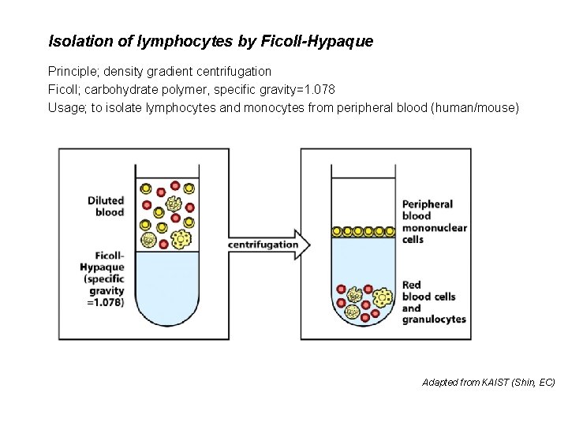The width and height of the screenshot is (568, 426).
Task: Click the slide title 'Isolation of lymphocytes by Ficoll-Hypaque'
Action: (211, 40)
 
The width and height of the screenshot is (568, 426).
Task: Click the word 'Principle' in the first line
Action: (73, 72)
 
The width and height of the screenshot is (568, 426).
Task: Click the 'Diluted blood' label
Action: (106, 206)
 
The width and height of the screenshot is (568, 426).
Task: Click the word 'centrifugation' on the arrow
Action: (263, 245)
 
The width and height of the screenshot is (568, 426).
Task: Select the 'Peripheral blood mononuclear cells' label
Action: (434, 222)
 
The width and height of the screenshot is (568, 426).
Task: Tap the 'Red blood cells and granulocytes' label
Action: (433, 302)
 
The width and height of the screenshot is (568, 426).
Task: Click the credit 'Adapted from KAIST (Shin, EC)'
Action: (488, 382)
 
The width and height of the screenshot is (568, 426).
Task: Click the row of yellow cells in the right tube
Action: (363, 231)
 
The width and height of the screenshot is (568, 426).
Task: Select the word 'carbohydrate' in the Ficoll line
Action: (122, 89)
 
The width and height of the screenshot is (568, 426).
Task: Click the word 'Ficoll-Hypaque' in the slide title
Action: (331, 40)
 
